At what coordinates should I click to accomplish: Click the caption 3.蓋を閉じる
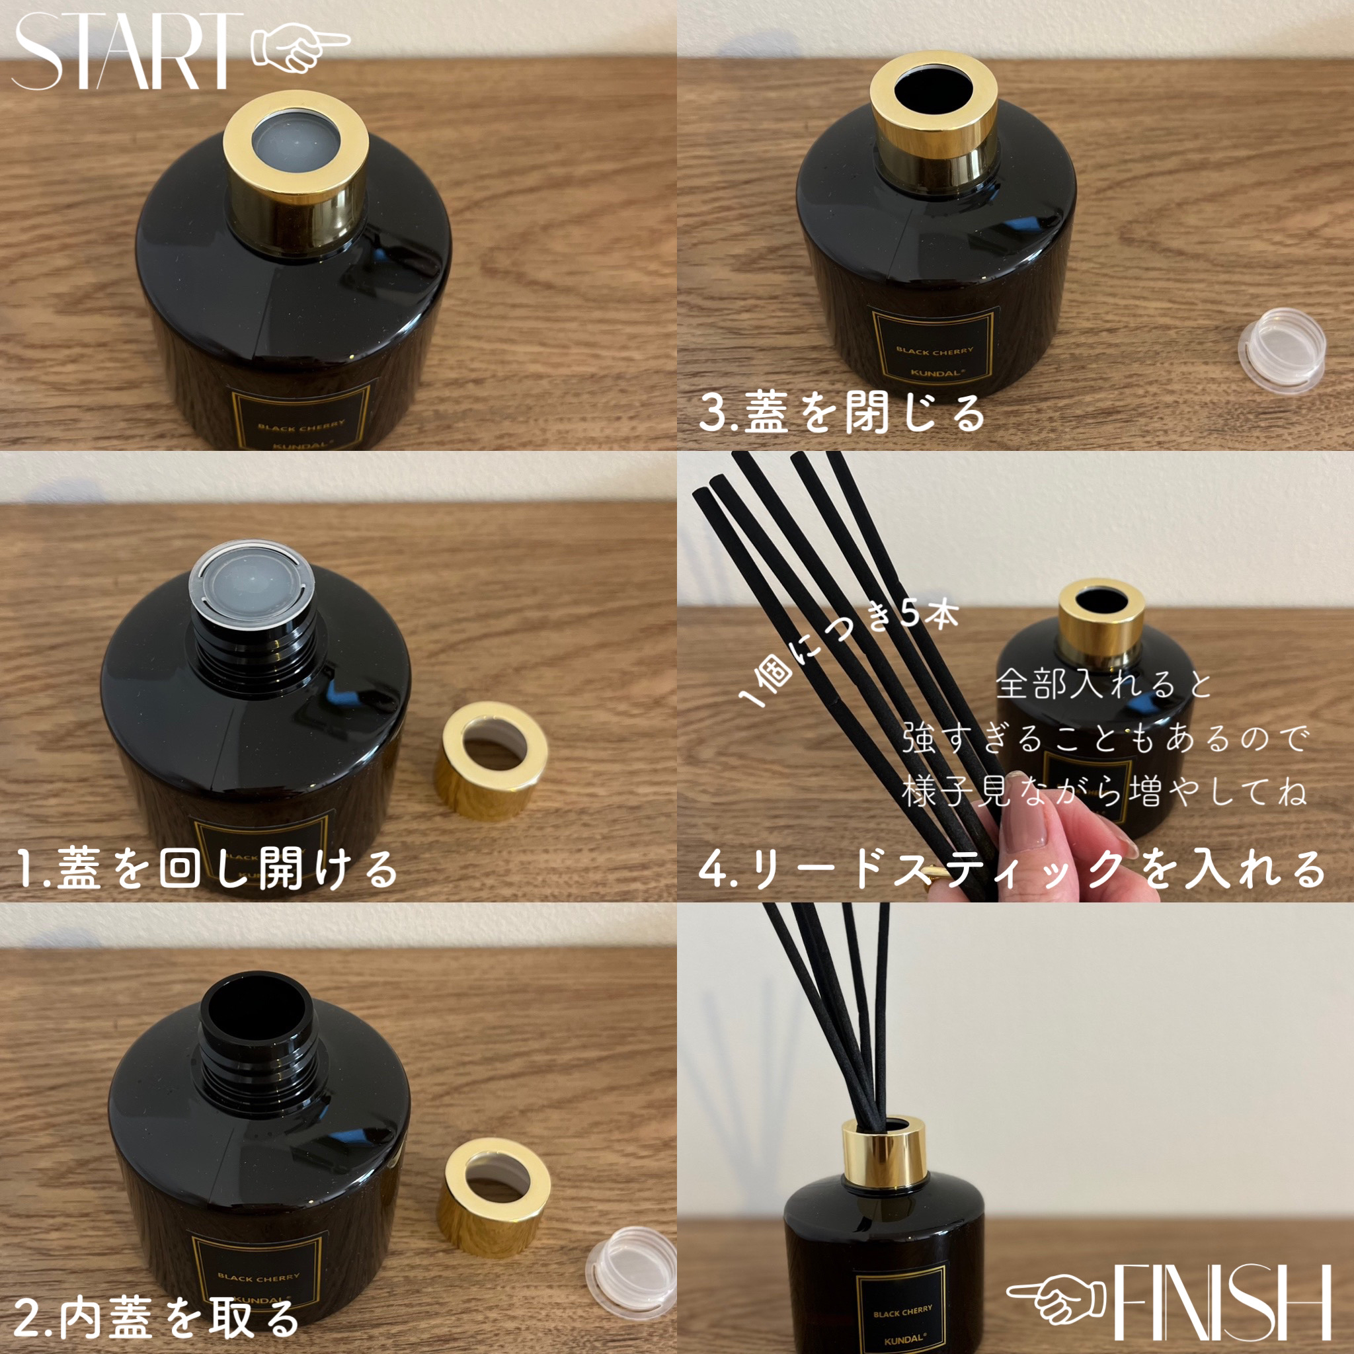click(x=842, y=414)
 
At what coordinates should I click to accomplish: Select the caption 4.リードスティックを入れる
click(x=1012, y=869)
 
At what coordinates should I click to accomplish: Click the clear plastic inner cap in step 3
click(x=1282, y=357)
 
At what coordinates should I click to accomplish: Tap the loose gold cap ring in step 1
click(x=490, y=761)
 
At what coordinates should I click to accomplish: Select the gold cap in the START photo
click(x=296, y=175)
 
